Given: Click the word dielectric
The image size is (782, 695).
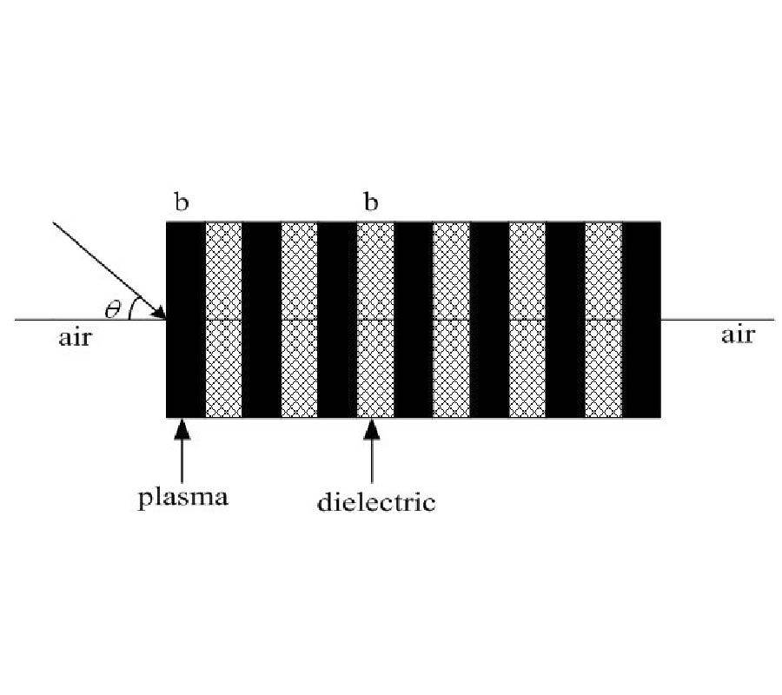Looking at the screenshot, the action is point(376,501).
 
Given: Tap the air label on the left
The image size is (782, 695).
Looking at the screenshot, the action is point(76,338).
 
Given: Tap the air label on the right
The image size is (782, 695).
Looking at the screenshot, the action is point(738,334).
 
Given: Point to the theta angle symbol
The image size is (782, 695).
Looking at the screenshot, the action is point(113,309).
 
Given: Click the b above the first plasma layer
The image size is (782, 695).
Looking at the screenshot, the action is point(182,202).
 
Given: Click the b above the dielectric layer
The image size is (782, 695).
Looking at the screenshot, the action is point(371,202).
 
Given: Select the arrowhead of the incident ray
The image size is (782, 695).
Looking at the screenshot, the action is point(159,312).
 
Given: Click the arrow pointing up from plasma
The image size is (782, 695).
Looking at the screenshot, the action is point(182,451).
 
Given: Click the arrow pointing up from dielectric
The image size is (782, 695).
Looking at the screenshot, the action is point(372,451).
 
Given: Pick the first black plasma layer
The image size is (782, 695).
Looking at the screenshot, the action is point(186,320).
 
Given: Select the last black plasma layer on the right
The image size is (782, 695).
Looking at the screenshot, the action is point(642,320).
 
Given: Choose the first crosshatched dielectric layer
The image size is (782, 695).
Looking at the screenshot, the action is point(223,320).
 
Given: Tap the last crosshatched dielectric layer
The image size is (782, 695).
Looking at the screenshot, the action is point(604,320).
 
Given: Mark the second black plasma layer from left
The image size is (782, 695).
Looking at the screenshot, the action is point(262,320).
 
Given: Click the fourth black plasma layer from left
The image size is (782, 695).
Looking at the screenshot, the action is point(414,320).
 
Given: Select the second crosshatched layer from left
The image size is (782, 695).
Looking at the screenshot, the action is point(299,320).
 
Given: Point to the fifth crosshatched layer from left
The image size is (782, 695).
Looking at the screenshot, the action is point(527,320).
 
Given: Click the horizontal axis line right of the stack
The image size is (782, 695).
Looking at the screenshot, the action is point(719,319).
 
